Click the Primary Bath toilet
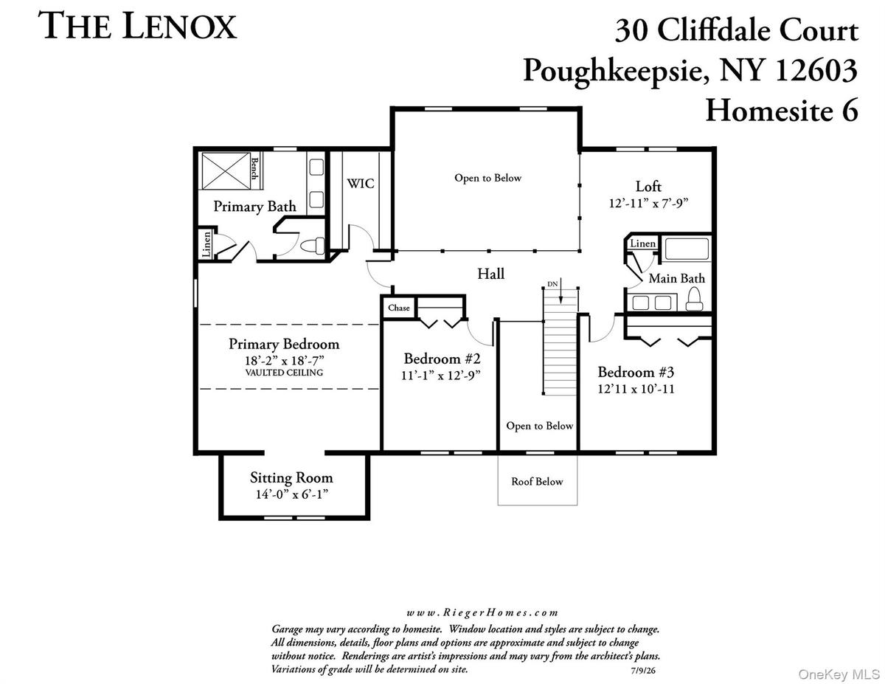[x=313, y=246]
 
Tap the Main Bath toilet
[x=694, y=299]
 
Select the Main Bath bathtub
[x=687, y=249]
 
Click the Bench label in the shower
[x=254, y=169]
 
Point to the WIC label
[x=361, y=184]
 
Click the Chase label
[x=399, y=308]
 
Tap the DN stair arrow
[x=560, y=291]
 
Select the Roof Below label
[x=537, y=481]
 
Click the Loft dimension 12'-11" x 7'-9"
[x=648, y=203]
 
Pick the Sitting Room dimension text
[x=292, y=494]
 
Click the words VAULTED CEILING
[x=284, y=373]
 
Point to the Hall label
[x=490, y=273]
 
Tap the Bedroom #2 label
[x=442, y=359]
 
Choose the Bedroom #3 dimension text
[x=636, y=389]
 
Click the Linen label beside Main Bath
[x=643, y=243]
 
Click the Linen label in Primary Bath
[x=207, y=244]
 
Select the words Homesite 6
[x=782, y=111]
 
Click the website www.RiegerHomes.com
[x=482, y=612]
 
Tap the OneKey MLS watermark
[x=839, y=674]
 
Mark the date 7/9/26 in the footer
[x=644, y=670]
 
